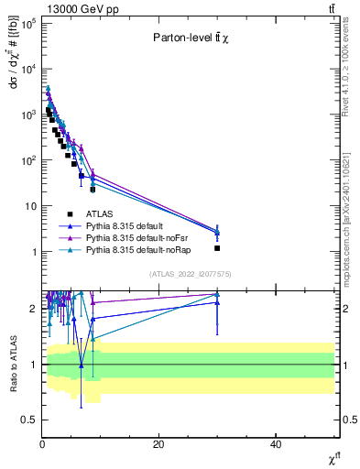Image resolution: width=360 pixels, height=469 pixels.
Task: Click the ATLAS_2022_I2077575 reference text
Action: pyautogui.click(x=191, y=274)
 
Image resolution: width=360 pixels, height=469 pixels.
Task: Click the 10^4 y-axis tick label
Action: pyautogui.click(x=27, y=69)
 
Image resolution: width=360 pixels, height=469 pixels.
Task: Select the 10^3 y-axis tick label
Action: pyautogui.click(x=27, y=115)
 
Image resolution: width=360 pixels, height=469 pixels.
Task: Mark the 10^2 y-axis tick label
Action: pyautogui.click(x=27, y=160)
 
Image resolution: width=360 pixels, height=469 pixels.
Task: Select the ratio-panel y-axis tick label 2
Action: pyautogui.click(x=33, y=309)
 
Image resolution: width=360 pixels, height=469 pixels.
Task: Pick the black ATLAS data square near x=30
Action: pyautogui.click(x=217, y=248)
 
